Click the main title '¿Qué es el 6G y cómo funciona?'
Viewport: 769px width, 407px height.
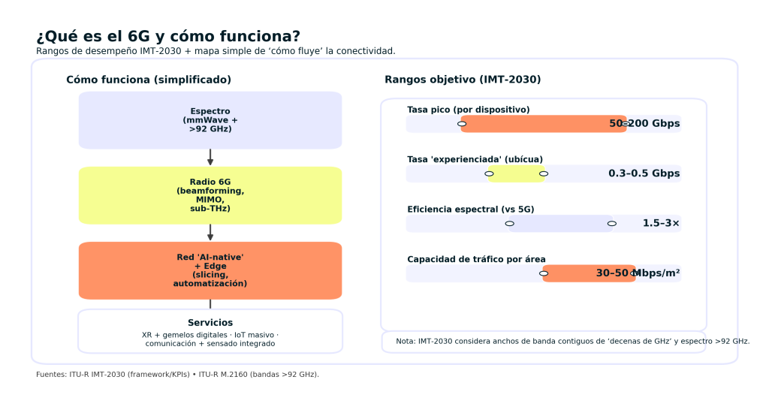168,36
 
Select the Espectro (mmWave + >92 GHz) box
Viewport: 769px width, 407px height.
210,120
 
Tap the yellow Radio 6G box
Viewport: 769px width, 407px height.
210,195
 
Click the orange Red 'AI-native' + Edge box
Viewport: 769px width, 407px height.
210,270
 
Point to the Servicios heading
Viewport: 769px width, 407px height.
210,323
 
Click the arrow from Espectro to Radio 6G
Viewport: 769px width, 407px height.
210,157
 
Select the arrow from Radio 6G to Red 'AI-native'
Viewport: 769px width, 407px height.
210,232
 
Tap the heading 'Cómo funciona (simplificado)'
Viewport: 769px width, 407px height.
149,80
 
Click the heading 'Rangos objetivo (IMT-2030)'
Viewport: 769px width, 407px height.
463,80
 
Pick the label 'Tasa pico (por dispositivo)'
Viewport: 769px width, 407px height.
468,110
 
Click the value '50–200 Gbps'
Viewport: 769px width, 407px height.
644,124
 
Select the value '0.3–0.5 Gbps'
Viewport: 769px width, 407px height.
644,173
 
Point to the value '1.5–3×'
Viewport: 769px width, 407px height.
661,223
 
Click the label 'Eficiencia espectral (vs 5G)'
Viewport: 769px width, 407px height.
471,210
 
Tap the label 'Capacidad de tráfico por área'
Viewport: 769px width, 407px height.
476,259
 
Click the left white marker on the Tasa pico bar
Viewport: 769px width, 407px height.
462,124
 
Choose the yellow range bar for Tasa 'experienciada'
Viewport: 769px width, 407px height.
516,173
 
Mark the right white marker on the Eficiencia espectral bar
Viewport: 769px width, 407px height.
612,223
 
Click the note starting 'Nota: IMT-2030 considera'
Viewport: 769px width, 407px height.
572,341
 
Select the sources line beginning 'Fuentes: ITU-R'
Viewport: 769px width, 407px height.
177,374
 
